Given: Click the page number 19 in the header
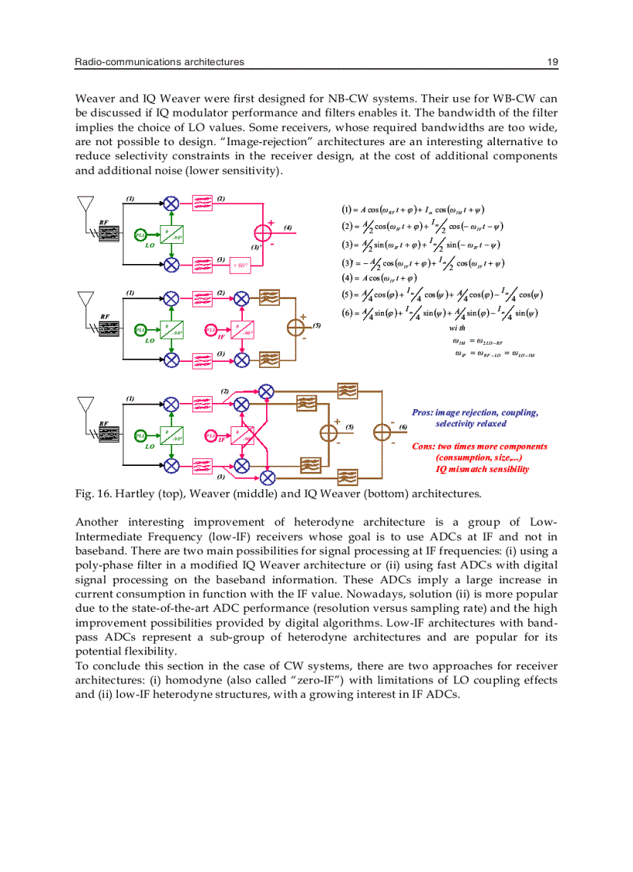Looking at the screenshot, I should [552, 62].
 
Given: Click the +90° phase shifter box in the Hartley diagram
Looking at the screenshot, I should [241, 266].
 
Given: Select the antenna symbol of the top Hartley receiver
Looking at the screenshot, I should [86, 203].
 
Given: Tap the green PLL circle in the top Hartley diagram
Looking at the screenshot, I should [140, 235].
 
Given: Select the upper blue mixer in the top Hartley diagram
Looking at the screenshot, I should [171, 203].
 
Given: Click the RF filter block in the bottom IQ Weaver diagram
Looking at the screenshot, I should [108, 433].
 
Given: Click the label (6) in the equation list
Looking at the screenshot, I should [347, 313].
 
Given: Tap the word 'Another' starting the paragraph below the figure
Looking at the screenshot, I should [98, 522].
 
